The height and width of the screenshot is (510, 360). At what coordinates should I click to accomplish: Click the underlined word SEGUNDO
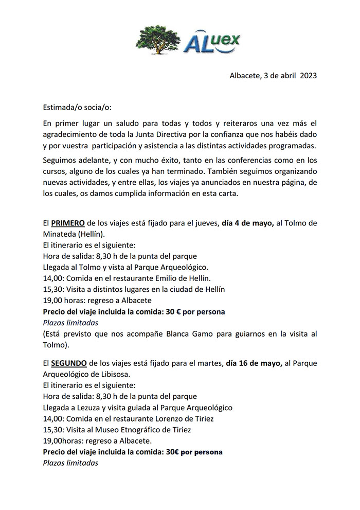point(68,363)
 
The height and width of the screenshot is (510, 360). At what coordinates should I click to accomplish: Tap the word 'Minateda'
point(60,234)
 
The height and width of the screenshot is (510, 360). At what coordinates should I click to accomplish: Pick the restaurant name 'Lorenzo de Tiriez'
point(181,418)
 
